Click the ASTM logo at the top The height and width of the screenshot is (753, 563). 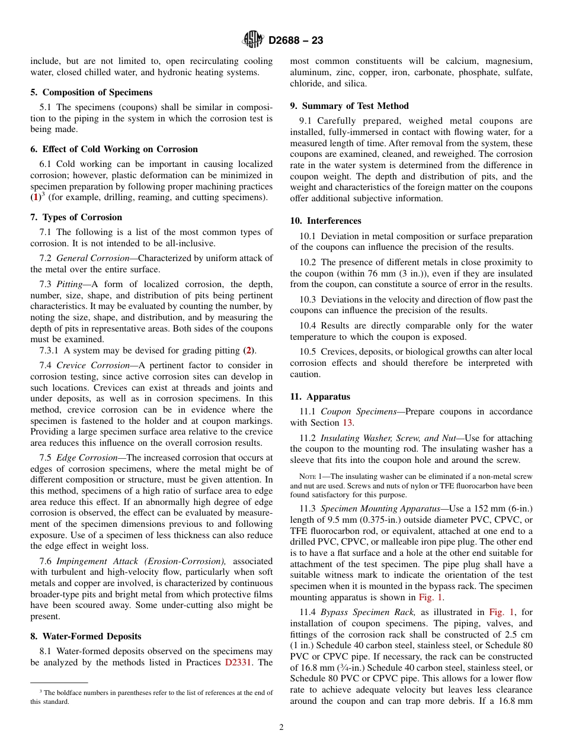pyautogui.click(x=253, y=40)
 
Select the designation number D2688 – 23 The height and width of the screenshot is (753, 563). pyautogui.click(x=296, y=41)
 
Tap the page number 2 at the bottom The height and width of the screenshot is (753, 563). pyautogui.click(x=281, y=728)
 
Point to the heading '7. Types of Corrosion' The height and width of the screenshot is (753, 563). pyautogui.click(x=76, y=217)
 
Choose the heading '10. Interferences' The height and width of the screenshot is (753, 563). pyautogui.click(x=325, y=221)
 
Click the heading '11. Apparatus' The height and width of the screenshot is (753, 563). pyautogui.click(x=320, y=397)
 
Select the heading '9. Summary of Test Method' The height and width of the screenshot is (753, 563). pyautogui.click(x=349, y=106)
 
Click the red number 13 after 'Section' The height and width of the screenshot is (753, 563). pyautogui.click(x=347, y=423)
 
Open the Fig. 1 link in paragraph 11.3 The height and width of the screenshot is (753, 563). pyautogui.click(x=430, y=597)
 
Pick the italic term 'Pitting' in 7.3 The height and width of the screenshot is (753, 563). pyautogui.click(x=69, y=284)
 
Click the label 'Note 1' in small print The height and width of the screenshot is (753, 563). pyautogui.click(x=309, y=477)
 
